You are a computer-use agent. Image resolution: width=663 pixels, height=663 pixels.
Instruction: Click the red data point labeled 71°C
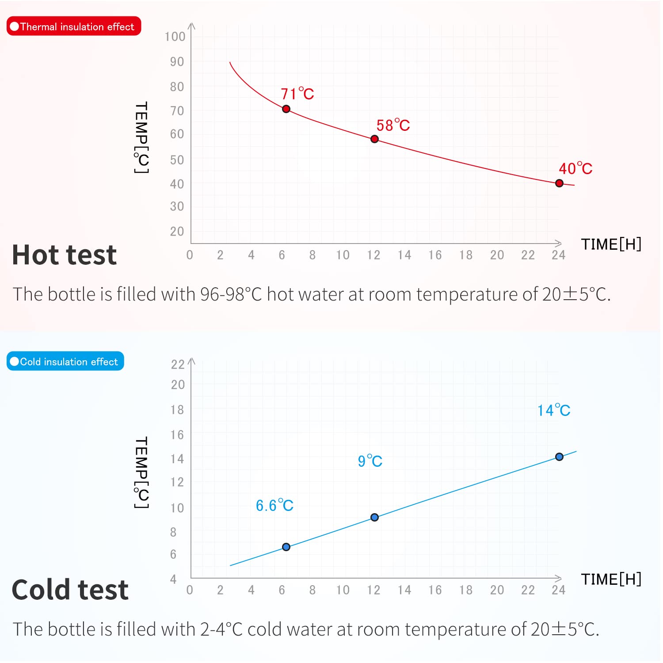point(286,109)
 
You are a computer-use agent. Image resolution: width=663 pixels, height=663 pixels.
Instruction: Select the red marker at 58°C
point(374,139)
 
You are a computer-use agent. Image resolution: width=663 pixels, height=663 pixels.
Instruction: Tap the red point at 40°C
point(559,183)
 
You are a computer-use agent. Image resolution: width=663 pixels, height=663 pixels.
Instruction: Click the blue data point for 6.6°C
point(286,547)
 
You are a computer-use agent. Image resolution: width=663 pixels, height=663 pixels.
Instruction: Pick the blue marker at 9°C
point(374,517)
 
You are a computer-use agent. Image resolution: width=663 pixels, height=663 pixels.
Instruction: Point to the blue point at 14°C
point(559,457)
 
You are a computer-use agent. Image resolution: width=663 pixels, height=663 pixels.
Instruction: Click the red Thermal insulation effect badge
point(74,27)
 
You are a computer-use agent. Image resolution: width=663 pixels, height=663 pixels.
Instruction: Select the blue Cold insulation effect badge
point(65,362)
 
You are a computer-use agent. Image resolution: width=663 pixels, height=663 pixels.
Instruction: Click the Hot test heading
point(65,255)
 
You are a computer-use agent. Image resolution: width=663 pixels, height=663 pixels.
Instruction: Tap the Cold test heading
point(70,590)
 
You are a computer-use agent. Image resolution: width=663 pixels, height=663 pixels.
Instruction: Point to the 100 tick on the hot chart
point(175,37)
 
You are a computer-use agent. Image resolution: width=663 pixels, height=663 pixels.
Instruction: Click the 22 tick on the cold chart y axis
point(178,364)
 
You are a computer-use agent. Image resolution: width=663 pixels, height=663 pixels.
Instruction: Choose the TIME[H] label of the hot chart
point(611,244)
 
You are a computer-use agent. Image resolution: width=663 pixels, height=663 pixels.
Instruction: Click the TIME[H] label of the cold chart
point(611,579)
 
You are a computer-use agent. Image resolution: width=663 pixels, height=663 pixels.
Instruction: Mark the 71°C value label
point(297,94)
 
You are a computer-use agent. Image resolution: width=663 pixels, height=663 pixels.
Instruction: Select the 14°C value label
point(553,410)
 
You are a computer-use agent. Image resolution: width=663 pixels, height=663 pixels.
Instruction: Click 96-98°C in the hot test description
point(231,294)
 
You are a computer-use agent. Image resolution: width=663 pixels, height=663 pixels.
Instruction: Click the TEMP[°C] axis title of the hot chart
point(141,137)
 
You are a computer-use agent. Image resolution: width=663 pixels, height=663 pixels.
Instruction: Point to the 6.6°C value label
point(274,505)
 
